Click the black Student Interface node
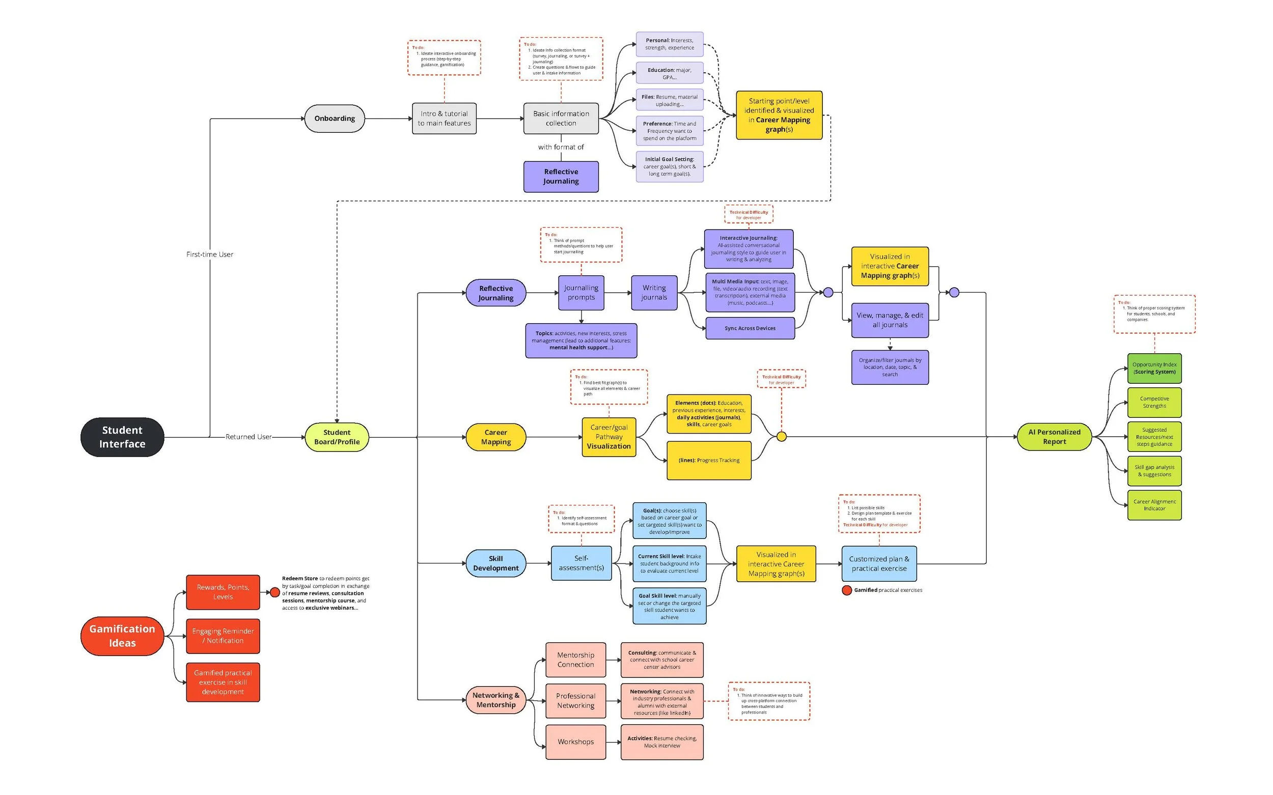tap(122, 437)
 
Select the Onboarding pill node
tap(335, 118)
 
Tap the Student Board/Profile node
tap(337, 437)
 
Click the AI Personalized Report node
tap(1054, 437)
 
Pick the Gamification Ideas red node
tap(122, 636)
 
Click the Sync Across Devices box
tap(750, 328)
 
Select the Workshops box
tap(575, 742)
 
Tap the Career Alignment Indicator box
tap(1154, 505)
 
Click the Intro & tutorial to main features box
tap(444, 118)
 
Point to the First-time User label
tap(209, 254)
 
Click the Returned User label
tap(248, 437)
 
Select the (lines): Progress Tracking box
tap(709, 461)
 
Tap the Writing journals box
tap(654, 292)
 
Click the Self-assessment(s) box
tap(582, 563)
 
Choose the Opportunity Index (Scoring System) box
tap(1154, 368)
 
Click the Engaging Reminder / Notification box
tap(223, 636)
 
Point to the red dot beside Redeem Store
tap(274, 592)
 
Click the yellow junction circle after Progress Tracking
tap(781, 437)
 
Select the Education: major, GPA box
tap(669, 74)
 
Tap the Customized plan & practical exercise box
tap(879, 563)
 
